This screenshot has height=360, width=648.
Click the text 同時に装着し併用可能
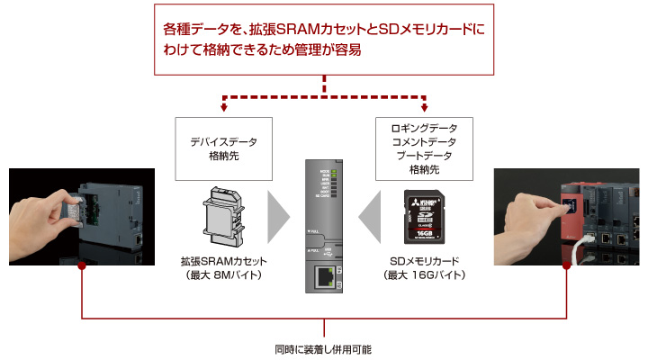point(323,349)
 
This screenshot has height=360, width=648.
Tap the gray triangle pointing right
point(279,216)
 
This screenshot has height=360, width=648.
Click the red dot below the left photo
point(82,265)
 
